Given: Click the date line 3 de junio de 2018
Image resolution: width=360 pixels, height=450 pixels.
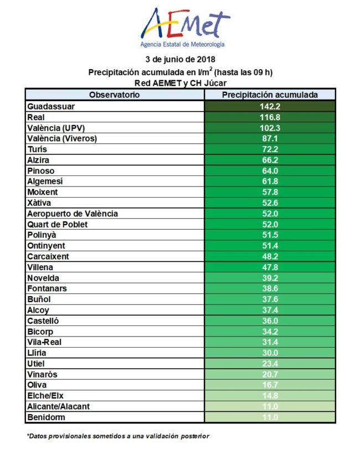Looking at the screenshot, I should [180, 59].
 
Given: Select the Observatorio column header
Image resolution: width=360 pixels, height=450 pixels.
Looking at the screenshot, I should [115, 95].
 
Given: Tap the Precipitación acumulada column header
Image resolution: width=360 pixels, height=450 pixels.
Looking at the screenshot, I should [270, 95].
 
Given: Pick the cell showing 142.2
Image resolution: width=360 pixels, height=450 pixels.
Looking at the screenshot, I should [270, 106].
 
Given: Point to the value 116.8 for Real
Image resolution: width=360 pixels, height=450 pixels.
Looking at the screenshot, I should [270, 117].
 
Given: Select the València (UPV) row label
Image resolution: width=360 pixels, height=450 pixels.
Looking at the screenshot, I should [58, 128].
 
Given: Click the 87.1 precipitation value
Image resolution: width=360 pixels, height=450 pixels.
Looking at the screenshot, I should [270, 139].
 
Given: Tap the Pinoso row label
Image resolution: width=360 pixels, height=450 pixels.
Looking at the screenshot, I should [42, 171].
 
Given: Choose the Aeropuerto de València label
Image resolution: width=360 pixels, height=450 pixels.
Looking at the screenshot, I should [73, 214].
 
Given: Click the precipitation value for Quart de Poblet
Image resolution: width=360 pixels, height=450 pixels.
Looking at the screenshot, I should [270, 224].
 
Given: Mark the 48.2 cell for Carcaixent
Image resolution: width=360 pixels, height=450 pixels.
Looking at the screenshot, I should [270, 256].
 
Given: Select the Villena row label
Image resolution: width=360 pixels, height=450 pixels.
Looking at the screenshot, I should [41, 267].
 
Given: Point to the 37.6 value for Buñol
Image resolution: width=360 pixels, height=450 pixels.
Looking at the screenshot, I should [270, 299].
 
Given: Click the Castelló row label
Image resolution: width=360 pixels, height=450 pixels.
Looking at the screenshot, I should [43, 320].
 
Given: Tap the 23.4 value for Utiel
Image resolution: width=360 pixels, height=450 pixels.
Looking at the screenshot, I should [270, 364].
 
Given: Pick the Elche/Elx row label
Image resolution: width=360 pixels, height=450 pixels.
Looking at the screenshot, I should [48, 395].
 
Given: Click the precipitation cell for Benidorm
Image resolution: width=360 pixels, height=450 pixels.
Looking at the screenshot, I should [270, 417].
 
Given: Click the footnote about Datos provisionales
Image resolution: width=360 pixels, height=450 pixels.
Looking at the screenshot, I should [118, 436].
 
